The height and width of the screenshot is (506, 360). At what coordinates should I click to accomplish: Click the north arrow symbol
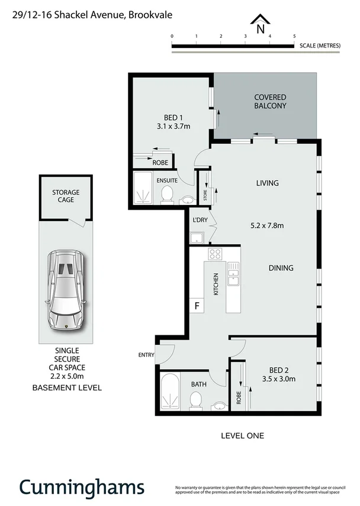point(259,25)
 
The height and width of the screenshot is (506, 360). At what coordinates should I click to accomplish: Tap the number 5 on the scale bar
point(294,36)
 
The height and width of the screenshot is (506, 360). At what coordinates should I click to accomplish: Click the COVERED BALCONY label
point(270,101)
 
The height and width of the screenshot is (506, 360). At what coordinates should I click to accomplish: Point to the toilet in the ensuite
point(167,193)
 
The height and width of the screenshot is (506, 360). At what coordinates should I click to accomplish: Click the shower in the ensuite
point(142,188)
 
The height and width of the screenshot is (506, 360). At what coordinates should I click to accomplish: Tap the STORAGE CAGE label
point(65,197)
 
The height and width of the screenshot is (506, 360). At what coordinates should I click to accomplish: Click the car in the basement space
point(66,290)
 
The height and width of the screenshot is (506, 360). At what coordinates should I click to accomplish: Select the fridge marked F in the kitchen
point(197,306)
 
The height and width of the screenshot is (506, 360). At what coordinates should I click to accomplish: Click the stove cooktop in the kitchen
point(214,255)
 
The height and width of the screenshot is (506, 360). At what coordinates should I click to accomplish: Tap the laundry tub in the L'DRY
point(197,238)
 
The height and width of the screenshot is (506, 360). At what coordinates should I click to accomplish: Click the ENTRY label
point(146,356)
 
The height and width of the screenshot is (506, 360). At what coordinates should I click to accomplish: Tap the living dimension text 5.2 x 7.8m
point(268,226)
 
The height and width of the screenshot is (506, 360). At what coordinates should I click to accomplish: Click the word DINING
point(281,268)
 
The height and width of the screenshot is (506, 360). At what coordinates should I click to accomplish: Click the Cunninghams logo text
point(82,486)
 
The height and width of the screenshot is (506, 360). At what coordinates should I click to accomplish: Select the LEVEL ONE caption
point(242,435)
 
